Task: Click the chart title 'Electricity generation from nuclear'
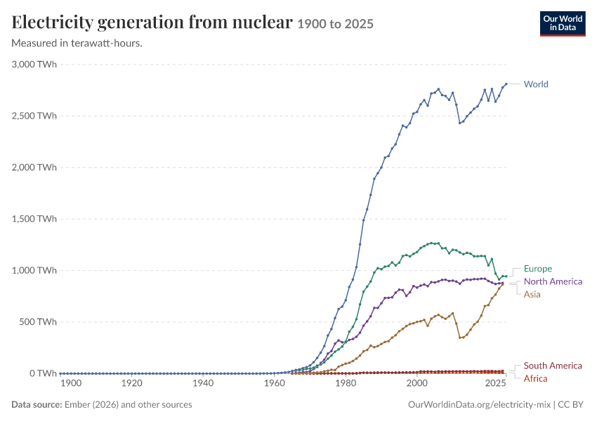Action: pyautogui.click(x=152, y=22)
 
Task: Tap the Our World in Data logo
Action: pyautogui.click(x=563, y=24)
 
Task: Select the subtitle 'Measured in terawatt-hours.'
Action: pyautogui.click(x=77, y=43)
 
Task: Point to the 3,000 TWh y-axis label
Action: pyautogui.click(x=34, y=65)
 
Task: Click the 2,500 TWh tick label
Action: pyautogui.click(x=34, y=116)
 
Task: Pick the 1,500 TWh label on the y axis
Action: pyautogui.click(x=34, y=219)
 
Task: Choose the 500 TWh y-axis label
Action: pyautogui.click(x=38, y=322)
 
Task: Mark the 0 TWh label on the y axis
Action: pyautogui.click(x=43, y=373)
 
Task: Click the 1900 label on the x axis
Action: pyautogui.click(x=71, y=383)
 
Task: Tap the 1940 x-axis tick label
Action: pyautogui.click(x=203, y=383)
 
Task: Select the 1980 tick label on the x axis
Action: pyautogui.click(x=346, y=383)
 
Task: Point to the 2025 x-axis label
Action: pyautogui.click(x=495, y=383)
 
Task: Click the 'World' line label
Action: pyautogui.click(x=536, y=84)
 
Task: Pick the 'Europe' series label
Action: pyautogui.click(x=538, y=269)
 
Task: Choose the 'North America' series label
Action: pyautogui.click(x=553, y=281)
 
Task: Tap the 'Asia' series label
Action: pyautogui.click(x=532, y=295)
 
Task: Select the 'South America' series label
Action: pyautogui.click(x=553, y=366)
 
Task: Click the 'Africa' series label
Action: pyautogui.click(x=536, y=378)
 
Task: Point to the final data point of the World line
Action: pyautogui.click(x=506, y=83)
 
